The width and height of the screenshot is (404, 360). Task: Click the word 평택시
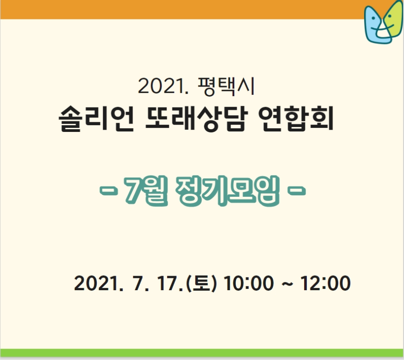[x=226, y=87]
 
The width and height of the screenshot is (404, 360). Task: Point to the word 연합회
[x=296, y=119]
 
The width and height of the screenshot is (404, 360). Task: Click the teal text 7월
[x=146, y=191]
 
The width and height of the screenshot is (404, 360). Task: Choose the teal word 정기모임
[x=228, y=191]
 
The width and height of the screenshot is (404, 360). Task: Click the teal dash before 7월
[x=109, y=191]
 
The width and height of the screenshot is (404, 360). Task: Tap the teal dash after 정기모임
[x=296, y=191]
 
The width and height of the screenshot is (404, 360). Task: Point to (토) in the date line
[x=201, y=283]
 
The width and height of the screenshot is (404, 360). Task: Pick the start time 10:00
[x=249, y=283]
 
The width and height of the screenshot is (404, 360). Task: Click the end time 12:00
[x=325, y=283]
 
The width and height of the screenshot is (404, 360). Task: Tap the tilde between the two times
[x=287, y=284]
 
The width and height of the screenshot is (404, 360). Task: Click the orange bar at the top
[x=180, y=9]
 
